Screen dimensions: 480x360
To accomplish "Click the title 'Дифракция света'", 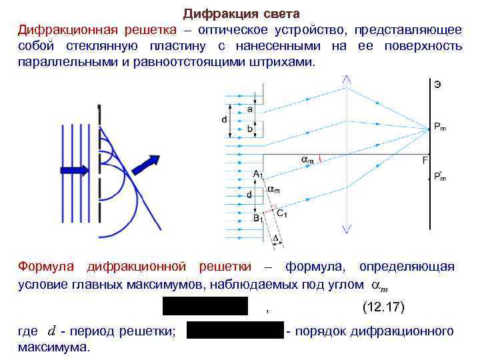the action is (x=242, y=13).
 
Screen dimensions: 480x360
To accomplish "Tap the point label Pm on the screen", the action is (x=439, y=127).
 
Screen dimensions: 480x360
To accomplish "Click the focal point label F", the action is (x=425, y=159).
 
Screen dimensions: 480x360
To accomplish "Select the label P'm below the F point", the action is (x=440, y=177).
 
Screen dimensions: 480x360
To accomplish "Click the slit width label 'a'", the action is (x=251, y=109).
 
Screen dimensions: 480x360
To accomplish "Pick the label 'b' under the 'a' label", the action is (x=251, y=129).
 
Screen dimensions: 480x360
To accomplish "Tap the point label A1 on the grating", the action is (x=258, y=174).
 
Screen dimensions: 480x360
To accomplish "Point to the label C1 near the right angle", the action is (x=282, y=214).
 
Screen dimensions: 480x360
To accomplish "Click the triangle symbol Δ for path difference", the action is (x=276, y=239).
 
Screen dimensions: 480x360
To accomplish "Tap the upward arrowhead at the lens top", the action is (x=346, y=79).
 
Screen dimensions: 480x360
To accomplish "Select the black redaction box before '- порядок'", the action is (x=235, y=331).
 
